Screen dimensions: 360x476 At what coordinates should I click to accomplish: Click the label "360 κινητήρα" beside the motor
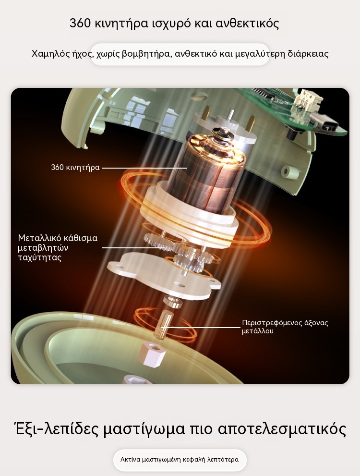point(75,168)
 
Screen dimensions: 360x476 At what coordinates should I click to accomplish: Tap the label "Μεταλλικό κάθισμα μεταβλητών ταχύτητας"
point(58,248)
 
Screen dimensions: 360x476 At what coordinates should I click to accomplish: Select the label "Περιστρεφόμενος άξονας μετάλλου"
point(285,327)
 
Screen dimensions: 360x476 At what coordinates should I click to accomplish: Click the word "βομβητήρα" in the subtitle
point(145,54)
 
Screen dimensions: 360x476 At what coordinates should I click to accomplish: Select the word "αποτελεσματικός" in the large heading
point(282,429)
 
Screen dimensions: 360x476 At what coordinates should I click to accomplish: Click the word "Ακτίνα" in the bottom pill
point(130,460)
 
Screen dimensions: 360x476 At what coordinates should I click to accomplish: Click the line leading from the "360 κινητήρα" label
point(144,168)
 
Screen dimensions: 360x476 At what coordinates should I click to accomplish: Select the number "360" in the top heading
point(80,23)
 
